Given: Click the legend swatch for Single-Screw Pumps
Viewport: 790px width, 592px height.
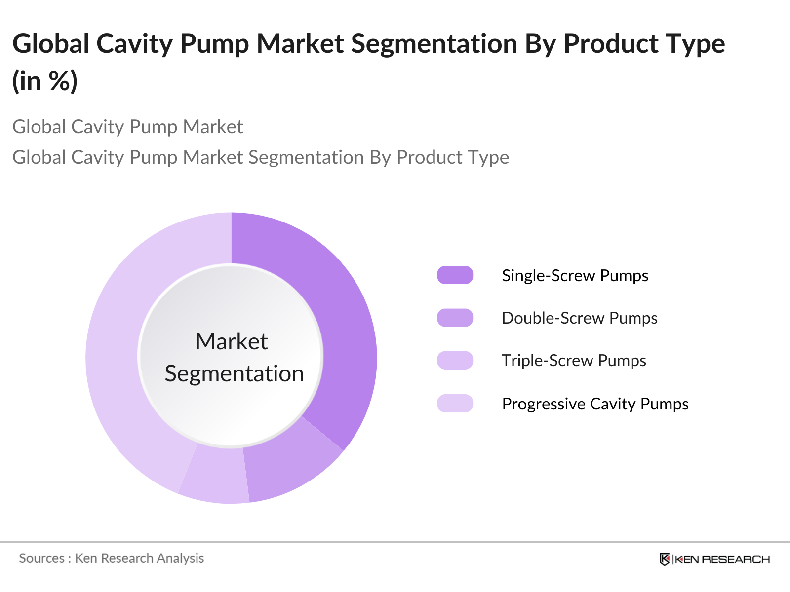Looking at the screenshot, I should tap(455, 275).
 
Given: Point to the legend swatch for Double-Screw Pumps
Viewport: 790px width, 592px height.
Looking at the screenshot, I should tap(455, 318).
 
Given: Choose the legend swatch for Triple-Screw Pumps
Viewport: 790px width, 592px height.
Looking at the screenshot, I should tap(455, 360).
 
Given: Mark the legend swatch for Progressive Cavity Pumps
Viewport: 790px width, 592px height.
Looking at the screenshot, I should tap(455, 404).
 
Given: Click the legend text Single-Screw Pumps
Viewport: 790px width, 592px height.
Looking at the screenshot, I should tap(575, 276).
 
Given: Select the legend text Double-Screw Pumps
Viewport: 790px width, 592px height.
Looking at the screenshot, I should tap(579, 318).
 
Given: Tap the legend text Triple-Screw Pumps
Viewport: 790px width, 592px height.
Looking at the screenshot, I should tap(574, 361).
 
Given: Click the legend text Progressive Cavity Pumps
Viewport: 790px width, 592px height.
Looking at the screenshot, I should tap(595, 404).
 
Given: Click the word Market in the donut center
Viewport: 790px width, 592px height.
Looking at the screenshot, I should tap(232, 341).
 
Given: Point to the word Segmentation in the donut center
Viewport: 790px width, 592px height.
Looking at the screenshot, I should tap(234, 373).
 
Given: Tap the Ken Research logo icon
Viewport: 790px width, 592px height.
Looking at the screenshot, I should tap(665, 559).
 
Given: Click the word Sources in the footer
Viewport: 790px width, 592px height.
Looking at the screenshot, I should tap(41, 558).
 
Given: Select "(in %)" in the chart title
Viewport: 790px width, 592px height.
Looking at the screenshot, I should tap(45, 80).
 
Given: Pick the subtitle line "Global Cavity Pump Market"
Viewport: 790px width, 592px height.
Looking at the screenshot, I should tap(127, 127).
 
